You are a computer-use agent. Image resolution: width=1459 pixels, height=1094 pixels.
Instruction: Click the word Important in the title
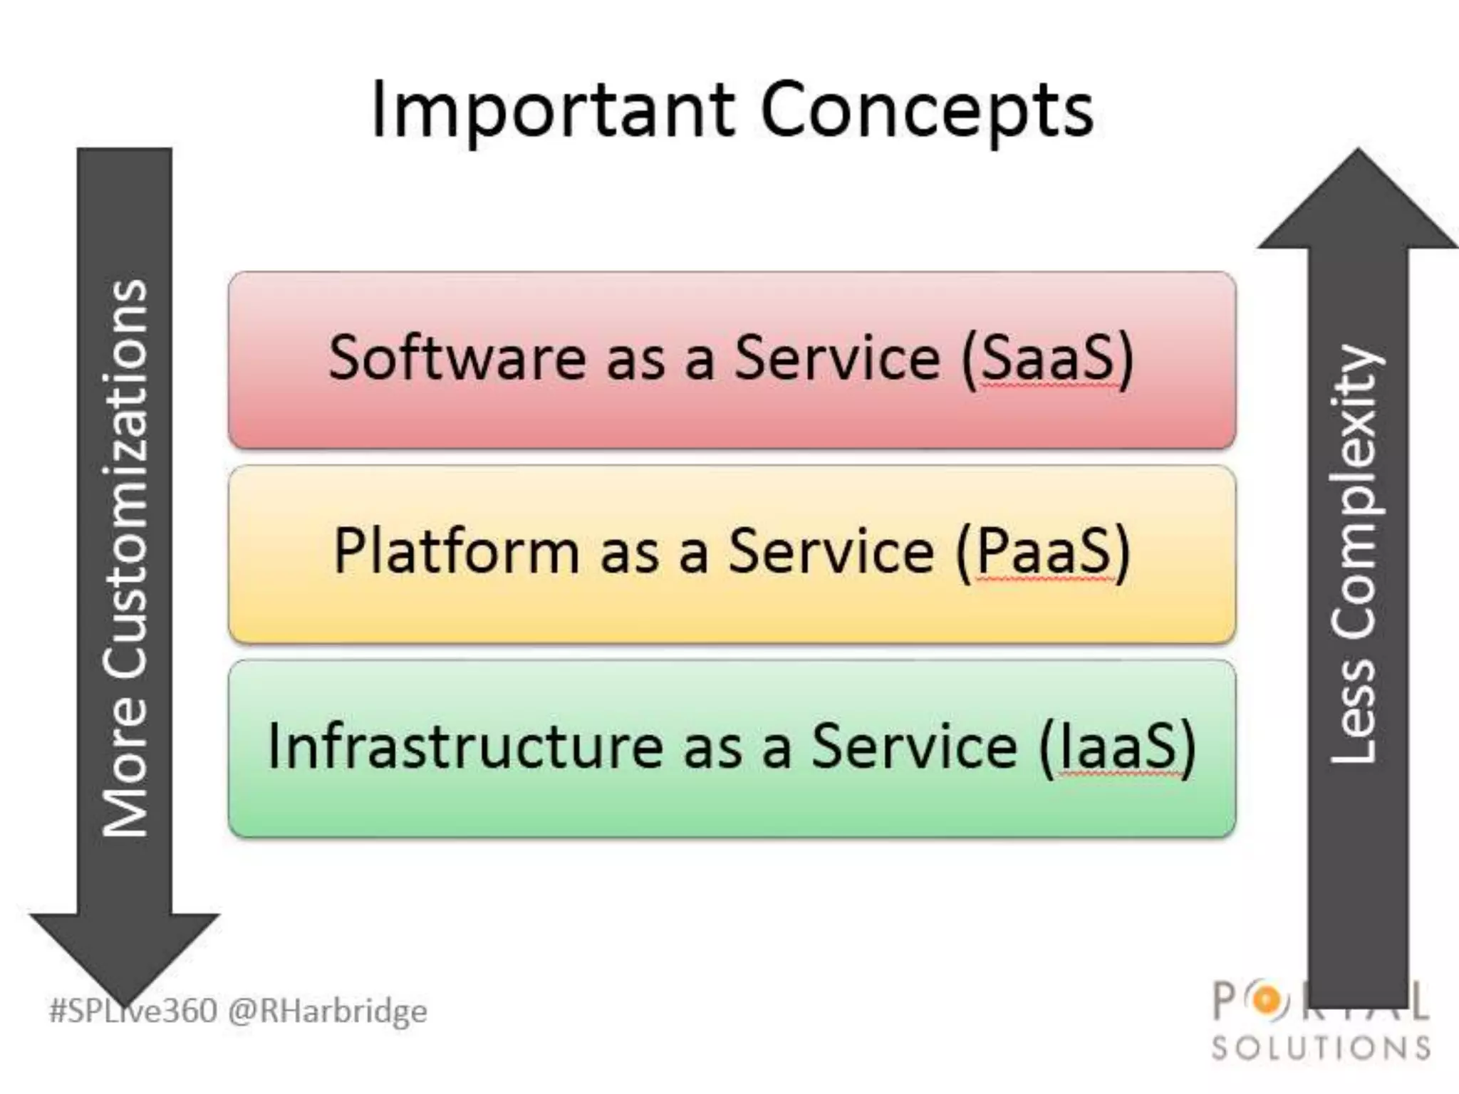point(552,110)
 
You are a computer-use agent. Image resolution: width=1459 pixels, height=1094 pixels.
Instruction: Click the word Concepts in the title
point(926,110)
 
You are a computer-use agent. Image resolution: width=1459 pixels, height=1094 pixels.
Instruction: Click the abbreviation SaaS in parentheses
point(1047,358)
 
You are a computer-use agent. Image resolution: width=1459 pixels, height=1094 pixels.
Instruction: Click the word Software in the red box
point(457,358)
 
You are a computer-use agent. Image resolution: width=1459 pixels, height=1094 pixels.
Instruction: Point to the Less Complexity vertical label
point(1354,556)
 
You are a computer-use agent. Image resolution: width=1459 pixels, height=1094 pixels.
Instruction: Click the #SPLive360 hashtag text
point(133,1011)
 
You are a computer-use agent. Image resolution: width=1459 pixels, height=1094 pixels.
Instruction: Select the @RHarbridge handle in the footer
point(328,1011)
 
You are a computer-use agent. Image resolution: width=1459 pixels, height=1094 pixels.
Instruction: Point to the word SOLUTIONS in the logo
point(1322,1048)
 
